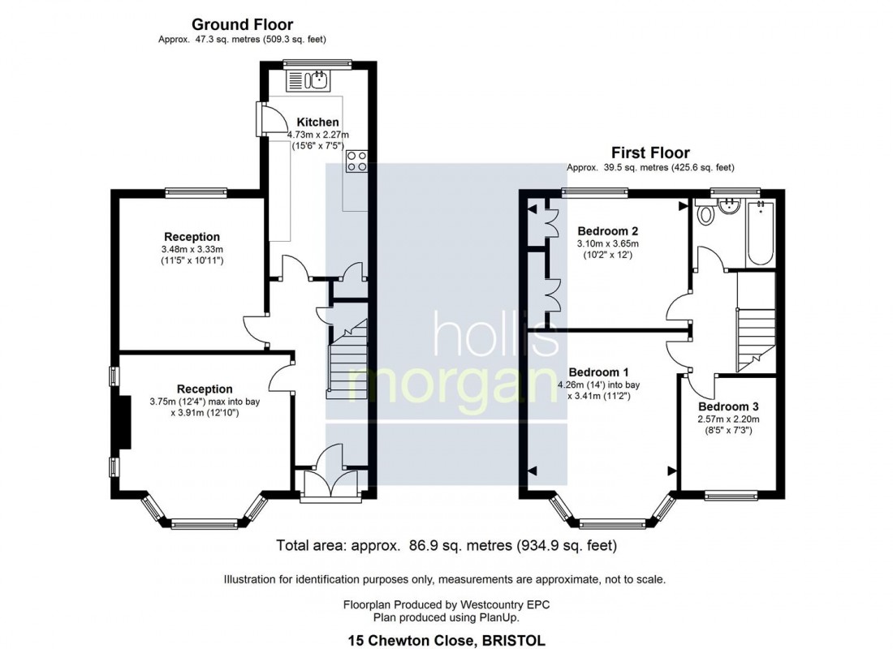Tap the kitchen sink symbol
click(x=308, y=80)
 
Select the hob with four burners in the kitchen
click(x=356, y=161)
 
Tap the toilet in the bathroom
click(x=705, y=214)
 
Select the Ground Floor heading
click(x=242, y=25)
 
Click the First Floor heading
click(x=650, y=153)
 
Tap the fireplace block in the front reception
click(x=124, y=422)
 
